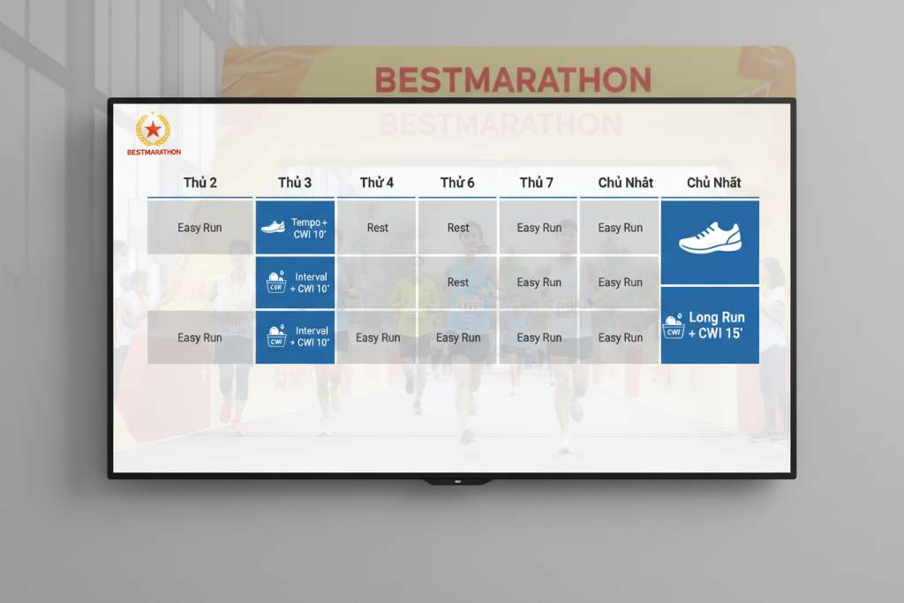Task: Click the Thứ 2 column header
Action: [x=200, y=183]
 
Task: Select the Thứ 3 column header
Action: [x=294, y=183]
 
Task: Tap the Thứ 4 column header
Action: [x=377, y=183]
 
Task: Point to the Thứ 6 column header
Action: [x=457, y=183]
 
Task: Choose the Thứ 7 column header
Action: [x=537, y=183]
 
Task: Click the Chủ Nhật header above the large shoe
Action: [x=713, y=183]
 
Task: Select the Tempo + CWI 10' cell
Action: [x=295, y=228]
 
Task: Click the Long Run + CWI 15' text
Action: [x=717, y=325]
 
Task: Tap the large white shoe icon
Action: [x=710, y=238]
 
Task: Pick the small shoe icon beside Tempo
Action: [x=273, y=227]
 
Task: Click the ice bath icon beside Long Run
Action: [x=674, y=326]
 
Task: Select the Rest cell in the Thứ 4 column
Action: [x=377, y=228]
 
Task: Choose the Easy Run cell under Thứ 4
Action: [x=377, y=337]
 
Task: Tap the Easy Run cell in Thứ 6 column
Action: [x=458, y=337]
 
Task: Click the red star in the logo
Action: [x=154, y=130]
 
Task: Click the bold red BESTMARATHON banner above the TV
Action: [x=512, y=79]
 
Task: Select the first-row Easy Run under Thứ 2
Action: [x=200, y=228]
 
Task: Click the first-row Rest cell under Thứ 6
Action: [x=458, y=228]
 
